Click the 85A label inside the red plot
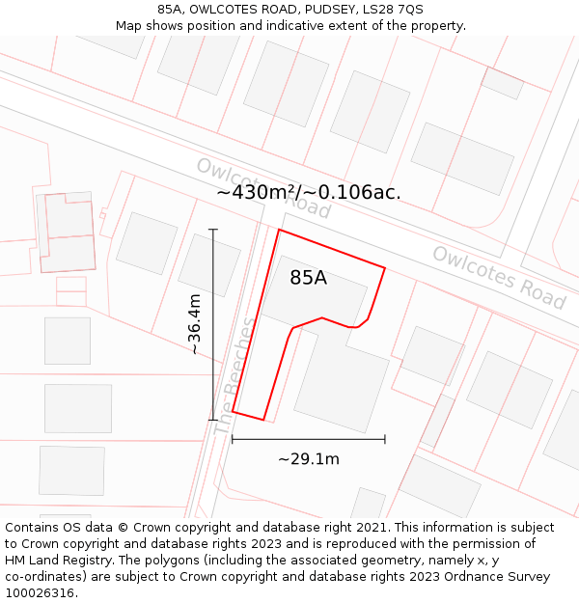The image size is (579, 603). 309,278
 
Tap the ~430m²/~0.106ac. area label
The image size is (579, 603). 309,192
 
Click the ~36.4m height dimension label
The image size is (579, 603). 195,324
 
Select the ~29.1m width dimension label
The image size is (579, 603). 309,459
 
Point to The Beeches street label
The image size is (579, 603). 236,374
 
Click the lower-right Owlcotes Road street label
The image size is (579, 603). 499,277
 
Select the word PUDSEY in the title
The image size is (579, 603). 325,9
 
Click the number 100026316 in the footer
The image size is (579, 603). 40,593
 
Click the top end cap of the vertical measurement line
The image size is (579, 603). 213,230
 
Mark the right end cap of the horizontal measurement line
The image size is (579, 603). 385,439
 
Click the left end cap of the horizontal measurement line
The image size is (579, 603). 233,439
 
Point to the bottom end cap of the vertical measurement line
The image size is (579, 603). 213,420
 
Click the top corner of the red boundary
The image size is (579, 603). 279,230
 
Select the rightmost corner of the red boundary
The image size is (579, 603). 385,268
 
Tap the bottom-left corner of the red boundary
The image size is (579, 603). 233,412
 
